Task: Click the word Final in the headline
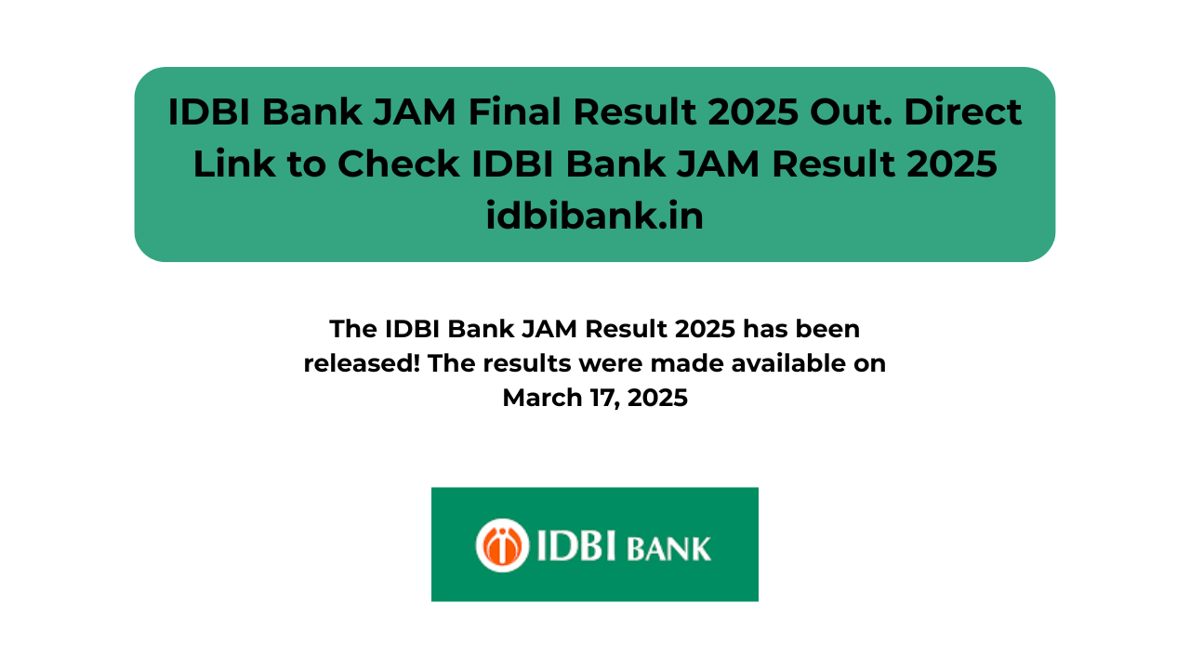click(x=514, y=112)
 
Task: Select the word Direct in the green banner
click(x=962, y=112)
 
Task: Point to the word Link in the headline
click(x=233, y=164)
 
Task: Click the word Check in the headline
click(x=399, y=164)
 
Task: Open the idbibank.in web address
click(x=594, y=216)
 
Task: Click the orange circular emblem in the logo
click(x=502, y=545)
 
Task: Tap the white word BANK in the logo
click(x=668, y=549)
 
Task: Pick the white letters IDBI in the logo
click(x=576, y=545)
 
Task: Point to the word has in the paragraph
click(x=765, y=329)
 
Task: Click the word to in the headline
click(x=306, y=164)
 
